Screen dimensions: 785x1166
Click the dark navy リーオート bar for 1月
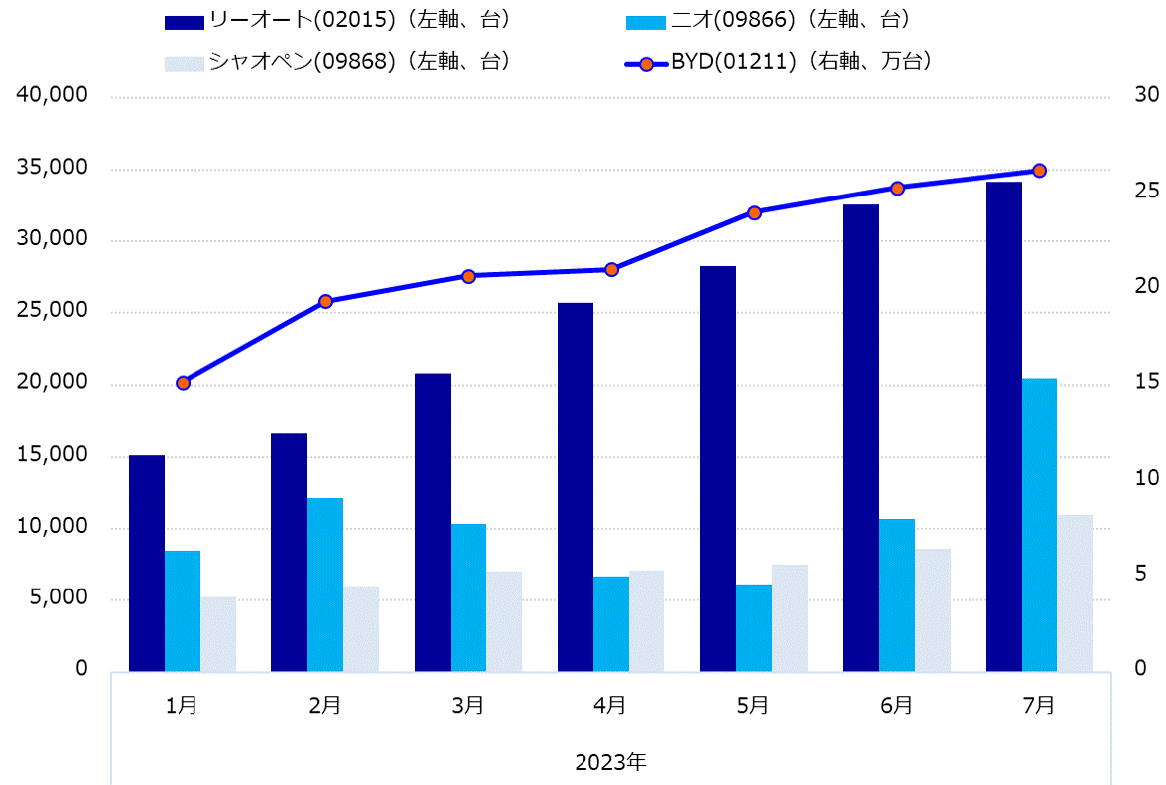point(147,563)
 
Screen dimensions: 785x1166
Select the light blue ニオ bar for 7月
point(1039,525)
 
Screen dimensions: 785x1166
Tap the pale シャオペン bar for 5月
point(790,617)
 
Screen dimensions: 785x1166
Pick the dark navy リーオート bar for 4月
point(576,487)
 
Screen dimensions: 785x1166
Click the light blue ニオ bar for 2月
point(325,584)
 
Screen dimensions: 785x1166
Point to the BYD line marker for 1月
point(183,383)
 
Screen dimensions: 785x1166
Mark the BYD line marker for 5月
point(754,212)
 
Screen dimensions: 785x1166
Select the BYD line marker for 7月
point(1039,171)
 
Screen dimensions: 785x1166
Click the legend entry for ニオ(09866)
point(768,20)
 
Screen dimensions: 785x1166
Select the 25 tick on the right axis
point(1146,190)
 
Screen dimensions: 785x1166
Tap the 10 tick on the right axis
point(1146,478)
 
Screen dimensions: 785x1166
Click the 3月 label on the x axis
point(468,705)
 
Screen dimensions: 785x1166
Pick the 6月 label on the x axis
point(897,705)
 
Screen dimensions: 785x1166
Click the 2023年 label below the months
point(610,763)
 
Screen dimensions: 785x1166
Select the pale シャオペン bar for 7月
point(1075,592)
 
